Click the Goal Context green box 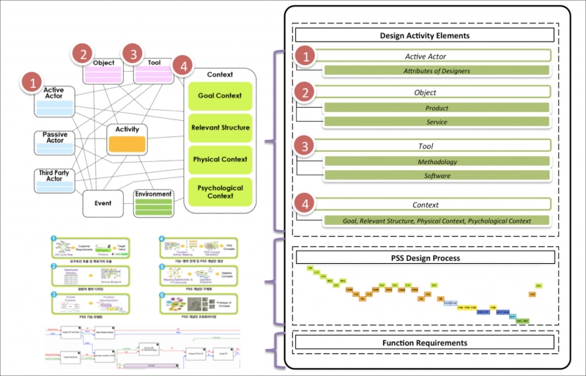click(219, 96)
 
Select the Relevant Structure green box click(219, 128)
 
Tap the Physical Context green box click(219, 160)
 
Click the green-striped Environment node click(153, 203)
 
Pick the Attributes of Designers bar click(436, 71)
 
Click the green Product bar click(436, 108)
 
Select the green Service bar click(436, 122)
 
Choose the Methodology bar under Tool click(437, 162)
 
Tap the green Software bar click(437, 176)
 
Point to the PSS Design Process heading click(425, 258)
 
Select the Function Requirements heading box click(425, 342)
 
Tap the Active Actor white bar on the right click(436, 56)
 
